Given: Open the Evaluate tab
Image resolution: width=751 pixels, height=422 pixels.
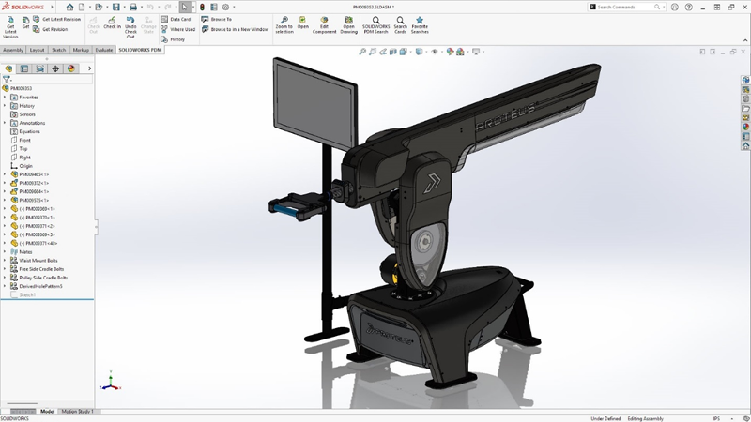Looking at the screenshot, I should [x=104, y=50].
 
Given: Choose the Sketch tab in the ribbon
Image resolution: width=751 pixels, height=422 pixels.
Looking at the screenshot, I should [x=59, y=50].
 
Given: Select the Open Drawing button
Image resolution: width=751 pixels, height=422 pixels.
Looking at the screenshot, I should [x=348, y=23].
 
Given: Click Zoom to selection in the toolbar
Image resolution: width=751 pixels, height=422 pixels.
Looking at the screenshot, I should [x=284, y=23].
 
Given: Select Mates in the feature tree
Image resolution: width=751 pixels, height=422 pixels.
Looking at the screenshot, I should [x=25, y=251].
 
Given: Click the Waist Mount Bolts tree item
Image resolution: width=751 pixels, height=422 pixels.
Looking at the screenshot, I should [x=38, y=260].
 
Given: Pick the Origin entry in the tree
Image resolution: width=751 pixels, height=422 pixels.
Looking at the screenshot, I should [x=25, y=166].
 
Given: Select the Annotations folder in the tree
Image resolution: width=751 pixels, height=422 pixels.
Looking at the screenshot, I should [x=31, y=123].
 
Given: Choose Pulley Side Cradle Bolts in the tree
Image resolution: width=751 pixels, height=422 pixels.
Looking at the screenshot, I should [x=43, y=278].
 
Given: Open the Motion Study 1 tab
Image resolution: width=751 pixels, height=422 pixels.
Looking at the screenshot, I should [x=77, y=412].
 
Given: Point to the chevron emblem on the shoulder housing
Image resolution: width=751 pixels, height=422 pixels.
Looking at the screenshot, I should [x=435, y=182].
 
